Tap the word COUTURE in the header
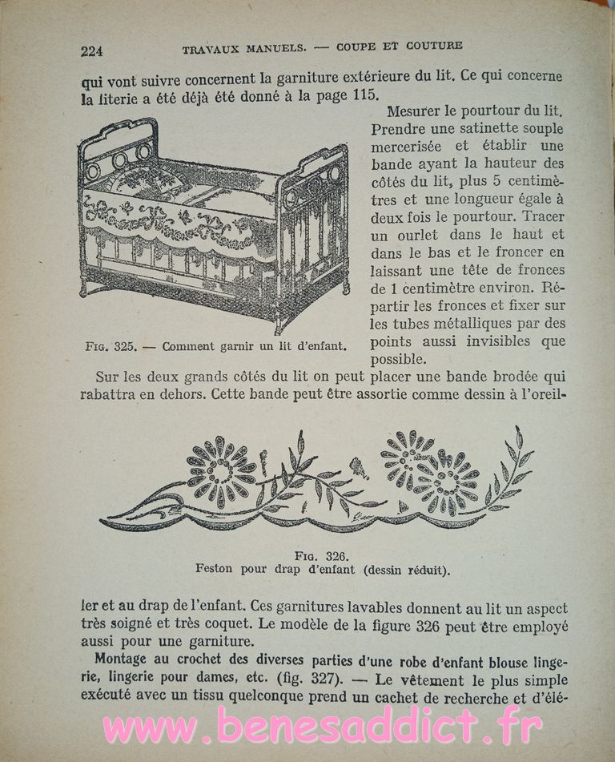pyautogui.click(x=433, y=46)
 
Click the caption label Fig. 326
pyautogui.click(x=324, y=555)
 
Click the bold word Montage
pyautogui.click(x=124, y=660)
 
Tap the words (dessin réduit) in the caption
pyautogui.click(x=406, y=570)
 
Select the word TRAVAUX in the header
pyautogui.click(x=212, y=49)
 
